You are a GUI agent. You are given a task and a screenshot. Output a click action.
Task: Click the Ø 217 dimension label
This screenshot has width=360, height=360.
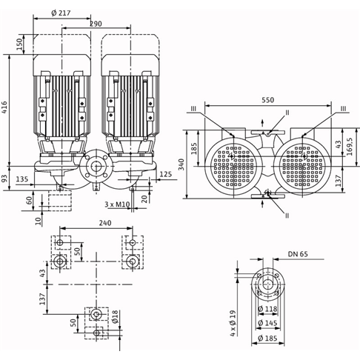point(61,13)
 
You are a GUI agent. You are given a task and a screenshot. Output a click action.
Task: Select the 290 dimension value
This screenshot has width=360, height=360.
point(96,24)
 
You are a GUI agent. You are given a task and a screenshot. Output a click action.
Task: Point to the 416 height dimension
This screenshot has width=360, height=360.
point(4,107)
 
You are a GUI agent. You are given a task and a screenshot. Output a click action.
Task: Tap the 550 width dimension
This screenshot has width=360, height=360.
point(268,100)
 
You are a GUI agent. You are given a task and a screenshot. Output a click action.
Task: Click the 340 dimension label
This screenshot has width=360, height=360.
point(181,164)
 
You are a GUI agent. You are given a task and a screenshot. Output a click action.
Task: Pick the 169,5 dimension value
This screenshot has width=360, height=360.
point(350,147)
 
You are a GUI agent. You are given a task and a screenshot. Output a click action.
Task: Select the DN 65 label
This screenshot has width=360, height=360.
point(298,254)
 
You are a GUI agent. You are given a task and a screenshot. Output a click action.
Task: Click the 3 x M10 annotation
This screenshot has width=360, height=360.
point(117,204)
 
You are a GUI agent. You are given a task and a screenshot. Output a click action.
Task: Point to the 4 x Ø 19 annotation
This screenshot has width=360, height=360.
point(233,323)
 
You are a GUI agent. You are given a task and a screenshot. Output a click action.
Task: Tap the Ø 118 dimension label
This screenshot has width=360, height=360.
point(267,309)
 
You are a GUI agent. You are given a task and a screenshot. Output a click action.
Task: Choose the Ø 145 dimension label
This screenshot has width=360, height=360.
point(267,323)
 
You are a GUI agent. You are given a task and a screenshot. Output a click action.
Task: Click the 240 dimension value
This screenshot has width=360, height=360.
point(105,223)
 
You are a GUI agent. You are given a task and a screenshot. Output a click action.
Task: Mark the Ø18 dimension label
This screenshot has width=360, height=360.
point(116,317)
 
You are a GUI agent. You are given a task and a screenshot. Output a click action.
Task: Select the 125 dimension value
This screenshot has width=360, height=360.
point(166,174)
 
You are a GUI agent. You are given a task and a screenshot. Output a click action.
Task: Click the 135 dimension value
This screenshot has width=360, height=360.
point(22,179)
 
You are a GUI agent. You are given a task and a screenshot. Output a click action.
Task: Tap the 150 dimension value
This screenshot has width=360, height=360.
point(20,44)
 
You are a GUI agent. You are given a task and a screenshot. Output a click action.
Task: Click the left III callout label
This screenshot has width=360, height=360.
point(193,109)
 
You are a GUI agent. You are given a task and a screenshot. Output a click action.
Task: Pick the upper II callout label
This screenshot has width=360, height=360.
point(287,113)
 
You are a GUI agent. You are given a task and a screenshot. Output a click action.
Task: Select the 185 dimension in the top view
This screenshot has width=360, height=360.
point(194,149)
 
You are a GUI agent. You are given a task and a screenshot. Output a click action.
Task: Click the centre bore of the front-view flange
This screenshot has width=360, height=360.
point(96,167)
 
